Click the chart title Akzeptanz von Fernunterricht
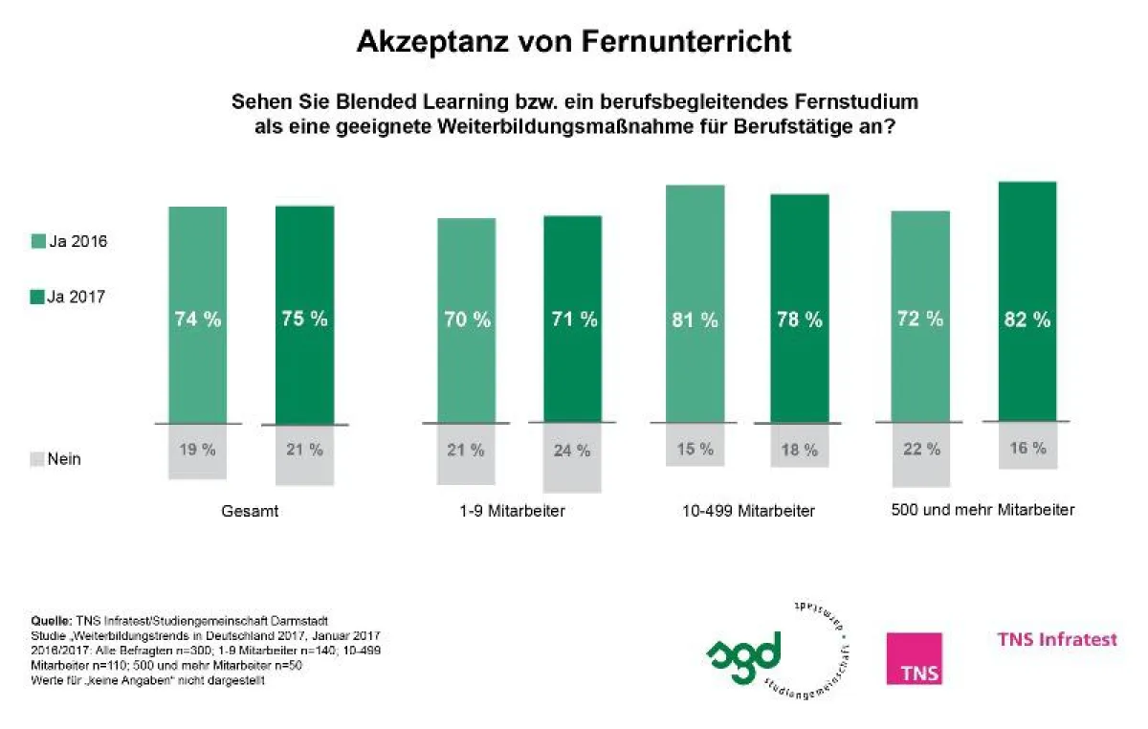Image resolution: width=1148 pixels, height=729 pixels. [574, 41]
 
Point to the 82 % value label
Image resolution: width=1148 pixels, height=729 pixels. [1027, 320]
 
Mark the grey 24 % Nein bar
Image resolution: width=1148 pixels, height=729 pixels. [572, 457]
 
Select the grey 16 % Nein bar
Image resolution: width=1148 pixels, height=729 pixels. [1027, 445]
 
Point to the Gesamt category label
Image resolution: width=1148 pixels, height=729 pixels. [251, 511]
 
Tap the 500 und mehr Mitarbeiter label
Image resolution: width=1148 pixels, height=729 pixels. [982, 510]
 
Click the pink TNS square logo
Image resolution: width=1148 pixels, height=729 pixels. [914, 658]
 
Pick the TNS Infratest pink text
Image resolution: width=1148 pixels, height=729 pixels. [1057, 639]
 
